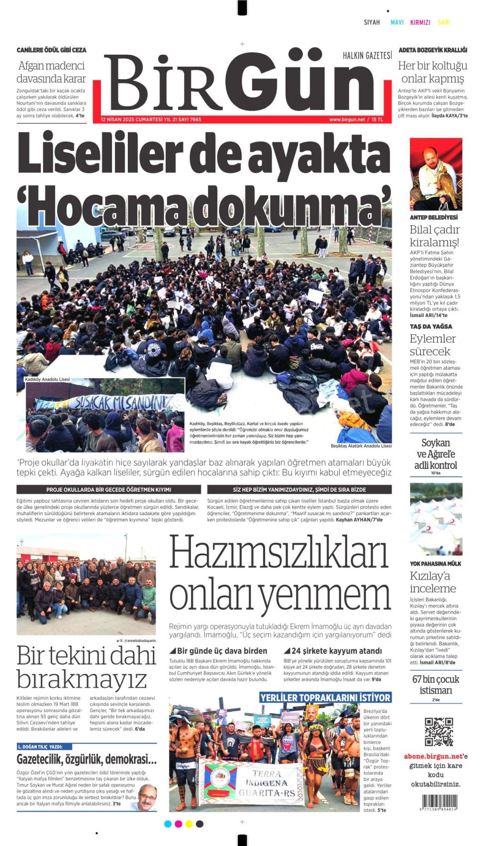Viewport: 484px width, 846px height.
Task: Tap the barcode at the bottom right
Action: coord(438,802)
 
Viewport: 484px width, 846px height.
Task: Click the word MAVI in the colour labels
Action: coord(397,22)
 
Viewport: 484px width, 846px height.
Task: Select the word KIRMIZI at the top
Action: coord(420,22)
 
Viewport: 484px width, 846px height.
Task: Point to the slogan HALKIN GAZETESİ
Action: coord(367,55)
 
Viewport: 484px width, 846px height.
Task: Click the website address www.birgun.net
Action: coord(347,119)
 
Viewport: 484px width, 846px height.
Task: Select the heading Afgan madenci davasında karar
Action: coord(51,72)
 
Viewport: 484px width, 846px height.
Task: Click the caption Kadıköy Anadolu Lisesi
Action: coord(47,379)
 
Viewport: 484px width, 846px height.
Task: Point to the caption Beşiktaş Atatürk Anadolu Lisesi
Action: coord(361,446)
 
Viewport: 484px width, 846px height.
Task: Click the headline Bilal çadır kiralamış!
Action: coord(434,236)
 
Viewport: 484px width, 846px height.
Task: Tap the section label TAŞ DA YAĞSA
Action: coord(431,326)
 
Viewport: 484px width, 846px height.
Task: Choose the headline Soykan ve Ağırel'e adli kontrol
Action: coord(435,454)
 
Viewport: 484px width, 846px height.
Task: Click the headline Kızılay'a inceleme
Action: coord(433,582)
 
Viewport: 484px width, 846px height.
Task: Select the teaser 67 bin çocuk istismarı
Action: coord(435,684)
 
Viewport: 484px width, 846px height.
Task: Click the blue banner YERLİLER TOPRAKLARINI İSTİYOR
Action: coord(325,697)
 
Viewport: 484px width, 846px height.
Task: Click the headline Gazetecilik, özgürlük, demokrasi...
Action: coord(87,759)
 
